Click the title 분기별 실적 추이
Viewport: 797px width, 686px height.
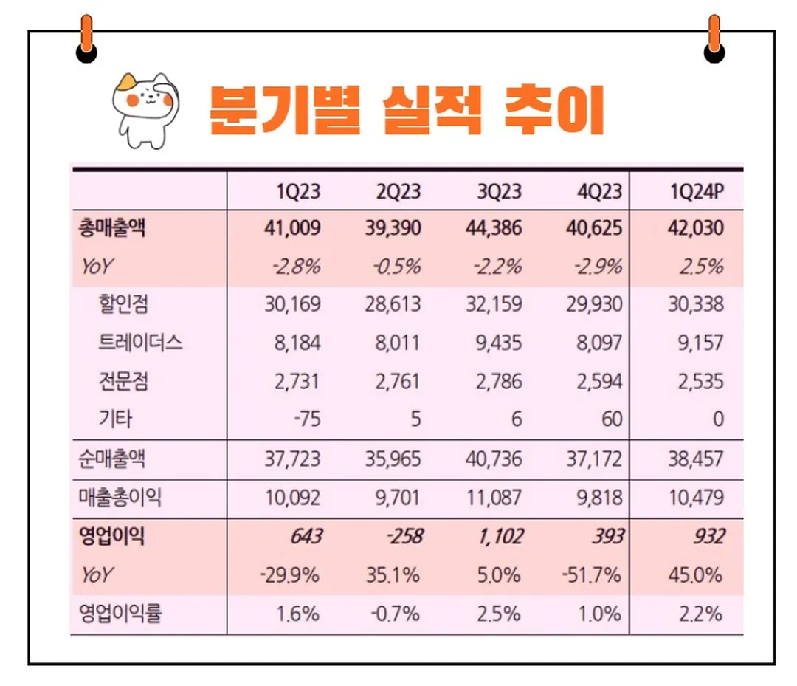[x=407, y=110]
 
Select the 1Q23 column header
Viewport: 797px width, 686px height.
[x=299, y=192]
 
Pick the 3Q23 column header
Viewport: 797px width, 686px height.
[x=500, y=192]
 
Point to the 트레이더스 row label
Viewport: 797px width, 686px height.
[x=140, y=343]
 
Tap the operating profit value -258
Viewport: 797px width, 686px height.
[x=403, y=536]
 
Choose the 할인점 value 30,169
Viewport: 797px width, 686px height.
[x=292, y=304]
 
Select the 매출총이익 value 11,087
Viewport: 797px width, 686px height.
[x=494, y=498]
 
